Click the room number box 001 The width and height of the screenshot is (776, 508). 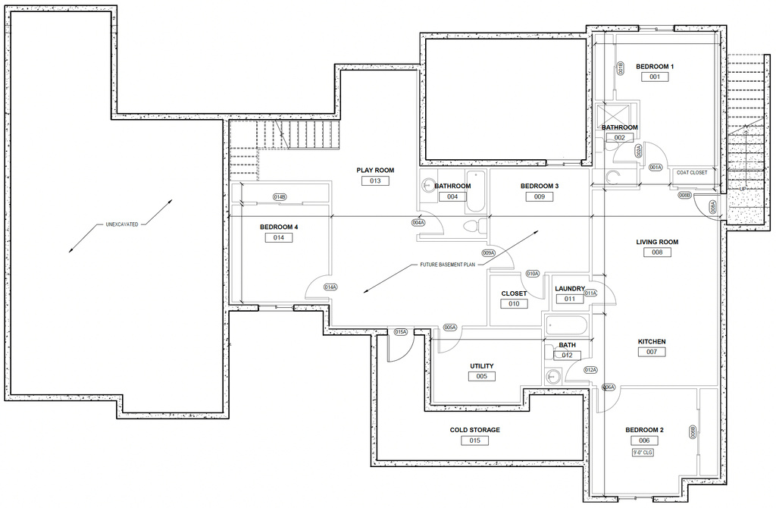(654, 77)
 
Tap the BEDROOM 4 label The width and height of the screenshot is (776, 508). (279, 227)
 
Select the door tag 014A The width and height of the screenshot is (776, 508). (330, 287)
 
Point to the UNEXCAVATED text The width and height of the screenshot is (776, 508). (121, 225)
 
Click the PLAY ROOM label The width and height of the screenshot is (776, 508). (375, 170)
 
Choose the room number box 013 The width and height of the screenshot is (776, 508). (375, 181)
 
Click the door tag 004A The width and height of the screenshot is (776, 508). (418, 223)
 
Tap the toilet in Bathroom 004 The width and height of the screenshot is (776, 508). (473, 226)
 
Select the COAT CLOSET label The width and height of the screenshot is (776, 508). (692, 173)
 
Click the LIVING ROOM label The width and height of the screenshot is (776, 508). (657, 242)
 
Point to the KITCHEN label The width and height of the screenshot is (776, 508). (651, 341)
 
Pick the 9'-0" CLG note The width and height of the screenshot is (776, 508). (643, 453)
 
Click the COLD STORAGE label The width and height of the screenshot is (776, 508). (474, 430)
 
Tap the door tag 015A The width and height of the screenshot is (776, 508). (401, 332)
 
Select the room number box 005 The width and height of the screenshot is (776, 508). (481, 376)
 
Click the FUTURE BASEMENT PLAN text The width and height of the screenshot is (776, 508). (448, 265)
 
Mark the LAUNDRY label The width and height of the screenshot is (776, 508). (570, 288)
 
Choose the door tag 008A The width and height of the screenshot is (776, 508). (712, 206)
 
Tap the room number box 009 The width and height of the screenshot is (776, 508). (539, 196)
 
